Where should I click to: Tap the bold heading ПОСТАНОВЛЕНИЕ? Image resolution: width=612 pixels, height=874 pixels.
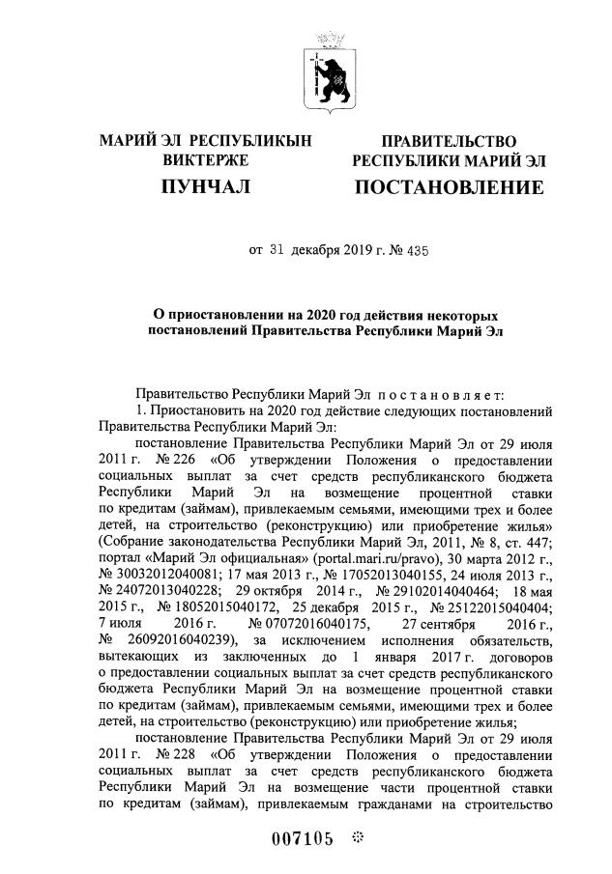pos(449,186)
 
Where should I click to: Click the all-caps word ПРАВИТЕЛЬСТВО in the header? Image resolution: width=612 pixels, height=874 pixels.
pos(449,142)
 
